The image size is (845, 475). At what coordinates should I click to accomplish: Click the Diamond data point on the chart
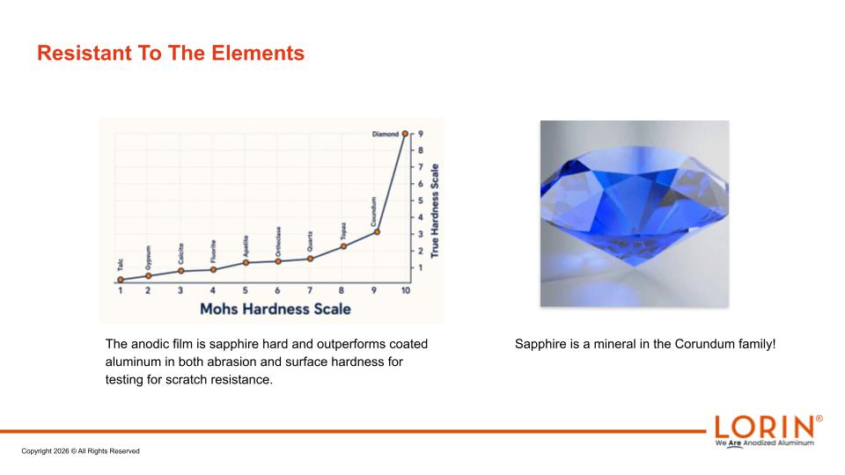point(405,134)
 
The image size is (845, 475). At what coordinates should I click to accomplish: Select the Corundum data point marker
point(377,232)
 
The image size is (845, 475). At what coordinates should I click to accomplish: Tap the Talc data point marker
point(121,280)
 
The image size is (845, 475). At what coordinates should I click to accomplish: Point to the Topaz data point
point(344,246)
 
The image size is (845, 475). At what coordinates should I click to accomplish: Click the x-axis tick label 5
point(246,290)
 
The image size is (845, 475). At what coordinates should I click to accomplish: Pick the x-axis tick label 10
point(406,290)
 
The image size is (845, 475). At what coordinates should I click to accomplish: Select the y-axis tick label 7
point(421,167)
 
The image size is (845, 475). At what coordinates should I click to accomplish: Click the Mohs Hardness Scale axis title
point(276,309)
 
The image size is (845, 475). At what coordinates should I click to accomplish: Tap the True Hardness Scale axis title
point(435,210)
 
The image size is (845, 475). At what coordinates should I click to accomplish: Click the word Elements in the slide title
point(258,53)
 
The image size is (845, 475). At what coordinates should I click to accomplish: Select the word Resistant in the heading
point(84,53)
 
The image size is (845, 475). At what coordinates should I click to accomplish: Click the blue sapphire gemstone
point(635,206)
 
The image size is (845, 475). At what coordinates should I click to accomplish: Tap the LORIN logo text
point(765,427)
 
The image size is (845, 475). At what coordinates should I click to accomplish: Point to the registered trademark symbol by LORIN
point(819,419)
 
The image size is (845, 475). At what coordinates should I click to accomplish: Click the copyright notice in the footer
point(80,451)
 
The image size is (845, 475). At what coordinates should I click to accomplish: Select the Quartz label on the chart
point(310,241)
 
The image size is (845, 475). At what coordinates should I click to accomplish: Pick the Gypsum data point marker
point(148,275)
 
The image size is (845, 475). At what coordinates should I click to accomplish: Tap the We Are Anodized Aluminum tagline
point(765,443)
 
